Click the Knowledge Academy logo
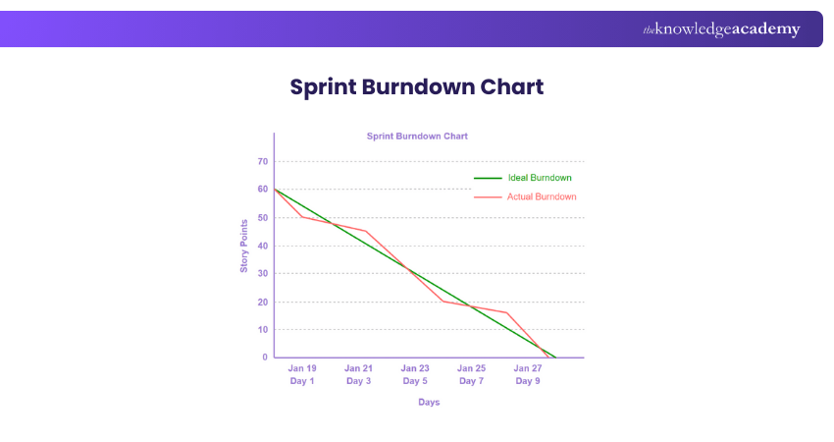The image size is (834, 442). click(721, 29)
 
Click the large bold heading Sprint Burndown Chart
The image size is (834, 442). click(417, 86)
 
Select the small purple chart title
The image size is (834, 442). click(417, 136)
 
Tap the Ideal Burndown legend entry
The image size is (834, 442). click(540, 178)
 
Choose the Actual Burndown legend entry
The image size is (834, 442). click(542, 196)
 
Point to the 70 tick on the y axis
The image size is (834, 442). click(263, 161)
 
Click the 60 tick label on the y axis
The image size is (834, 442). click(263, 189)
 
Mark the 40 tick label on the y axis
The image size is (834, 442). click(263, 246)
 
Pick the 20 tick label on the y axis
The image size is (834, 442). click(263, 302)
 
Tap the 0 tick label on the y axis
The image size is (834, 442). click(265, 358)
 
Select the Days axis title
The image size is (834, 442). click(429, 402)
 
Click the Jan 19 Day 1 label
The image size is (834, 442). click(302, 374)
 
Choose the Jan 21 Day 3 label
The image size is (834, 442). click(358, 374)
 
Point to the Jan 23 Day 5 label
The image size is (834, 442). click(415, 374)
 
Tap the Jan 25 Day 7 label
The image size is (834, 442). click(471, 374)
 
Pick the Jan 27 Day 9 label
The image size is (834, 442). click(528, 374)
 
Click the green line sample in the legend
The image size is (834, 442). click(488, 179)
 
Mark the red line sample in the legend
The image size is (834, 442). click(488, 197)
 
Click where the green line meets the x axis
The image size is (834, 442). click(556, 358)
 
